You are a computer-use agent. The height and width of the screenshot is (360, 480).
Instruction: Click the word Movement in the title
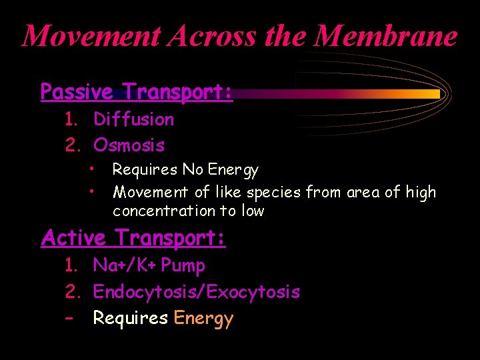[91, 35]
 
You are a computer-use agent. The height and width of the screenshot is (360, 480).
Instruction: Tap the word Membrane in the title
[386, 35]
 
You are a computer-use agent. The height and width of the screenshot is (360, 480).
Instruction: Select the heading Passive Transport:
[137, 91]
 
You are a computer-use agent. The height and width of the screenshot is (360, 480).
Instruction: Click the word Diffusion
[134, 119]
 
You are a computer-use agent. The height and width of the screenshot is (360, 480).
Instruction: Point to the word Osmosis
[129, 145]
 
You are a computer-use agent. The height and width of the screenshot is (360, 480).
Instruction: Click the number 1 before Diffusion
[70, 119]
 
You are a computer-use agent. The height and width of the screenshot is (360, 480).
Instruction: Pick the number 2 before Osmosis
[70, 145]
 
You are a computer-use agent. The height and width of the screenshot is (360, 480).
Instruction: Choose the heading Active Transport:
[133, 237]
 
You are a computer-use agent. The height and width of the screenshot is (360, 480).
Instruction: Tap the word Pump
[183, 265]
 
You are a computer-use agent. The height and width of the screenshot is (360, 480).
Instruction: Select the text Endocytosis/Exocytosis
[197, 291]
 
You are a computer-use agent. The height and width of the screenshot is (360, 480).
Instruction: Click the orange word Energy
[203, 319]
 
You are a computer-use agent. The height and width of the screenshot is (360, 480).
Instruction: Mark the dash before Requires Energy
[69, 318]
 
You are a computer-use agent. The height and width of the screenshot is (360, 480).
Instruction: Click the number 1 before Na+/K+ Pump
[70, 265]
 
